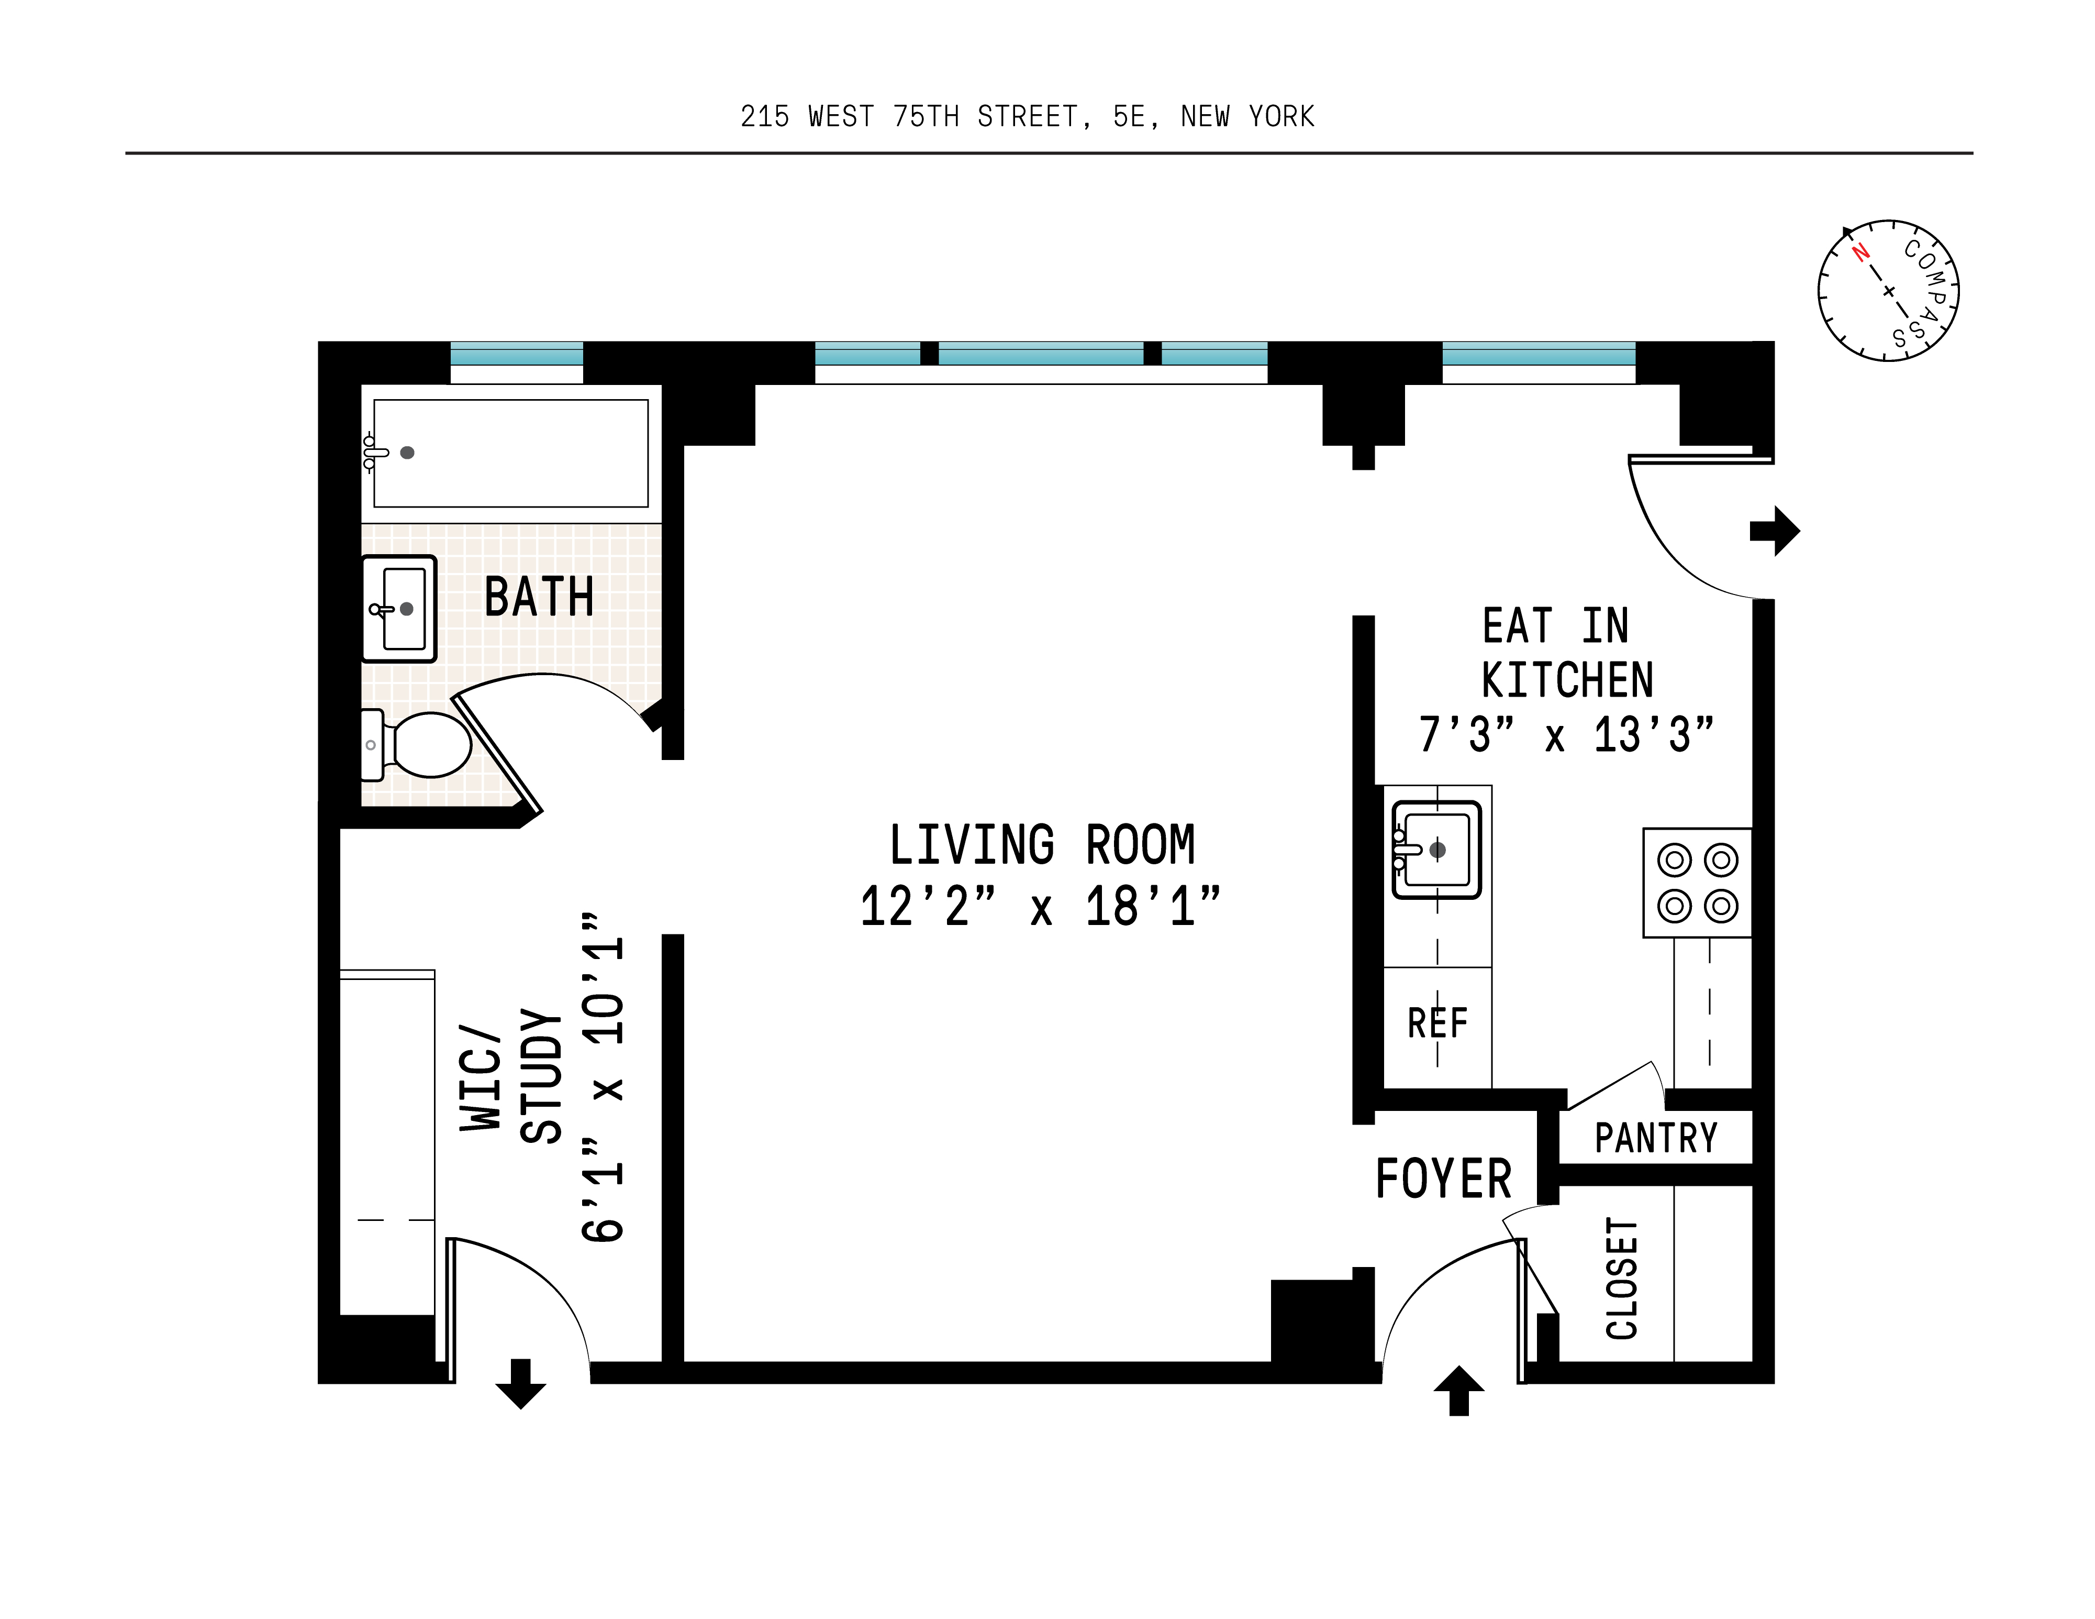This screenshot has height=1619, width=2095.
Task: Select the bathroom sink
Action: pos(400,609)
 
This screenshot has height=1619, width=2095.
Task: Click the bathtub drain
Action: pos(407,452)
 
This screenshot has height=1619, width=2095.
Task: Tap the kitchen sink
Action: pos(1436,850)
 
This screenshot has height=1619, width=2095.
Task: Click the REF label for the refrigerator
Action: pos(1437,1023)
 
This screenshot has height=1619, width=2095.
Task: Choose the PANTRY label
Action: pos(1656,1138)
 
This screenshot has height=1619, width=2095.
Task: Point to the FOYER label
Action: pos(1443,1180)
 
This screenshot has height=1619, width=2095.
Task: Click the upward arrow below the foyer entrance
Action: pos(1458,1391)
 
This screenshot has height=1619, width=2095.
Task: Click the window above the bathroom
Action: pos(516,354)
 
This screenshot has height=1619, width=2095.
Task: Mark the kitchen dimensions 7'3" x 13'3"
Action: pos(1566,736)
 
